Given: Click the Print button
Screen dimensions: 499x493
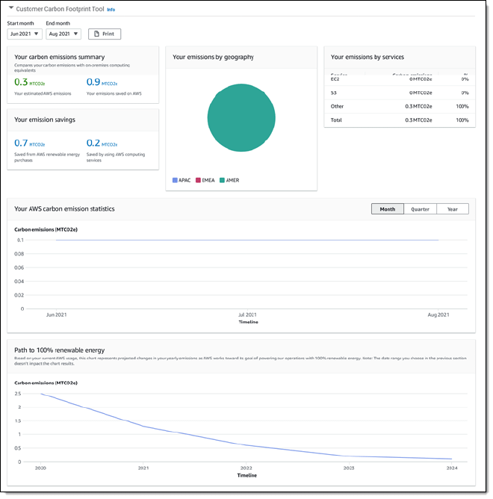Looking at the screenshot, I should tap(105, 34).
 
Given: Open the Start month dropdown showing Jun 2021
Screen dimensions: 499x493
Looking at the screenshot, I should tap(25, 34).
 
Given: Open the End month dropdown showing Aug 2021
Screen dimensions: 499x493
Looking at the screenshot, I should tap(63, 34).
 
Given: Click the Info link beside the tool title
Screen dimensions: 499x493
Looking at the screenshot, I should tap(111, 10).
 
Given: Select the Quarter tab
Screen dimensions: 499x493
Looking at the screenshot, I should tap(420, 209).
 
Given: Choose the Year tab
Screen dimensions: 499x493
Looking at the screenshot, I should tap(453, 209).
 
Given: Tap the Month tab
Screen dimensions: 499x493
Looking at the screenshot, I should tap(387, 209).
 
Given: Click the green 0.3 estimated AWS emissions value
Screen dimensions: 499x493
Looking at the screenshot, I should tap(21, 82).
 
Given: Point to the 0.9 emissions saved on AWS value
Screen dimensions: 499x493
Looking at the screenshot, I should tap(93, 82).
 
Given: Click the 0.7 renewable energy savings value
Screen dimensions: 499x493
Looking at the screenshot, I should tap(21, 143).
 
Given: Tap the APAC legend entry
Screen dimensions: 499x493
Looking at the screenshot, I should tap(182, 180).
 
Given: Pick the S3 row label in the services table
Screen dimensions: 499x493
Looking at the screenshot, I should tap(334, 93).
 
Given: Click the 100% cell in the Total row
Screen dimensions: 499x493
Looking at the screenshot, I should tap(462, 120).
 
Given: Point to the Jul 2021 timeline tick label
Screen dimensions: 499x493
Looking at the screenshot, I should tap(247, 315).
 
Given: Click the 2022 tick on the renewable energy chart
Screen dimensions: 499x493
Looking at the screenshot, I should tap(246, 468).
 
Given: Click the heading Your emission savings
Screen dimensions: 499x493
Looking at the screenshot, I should tap(45, 120).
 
